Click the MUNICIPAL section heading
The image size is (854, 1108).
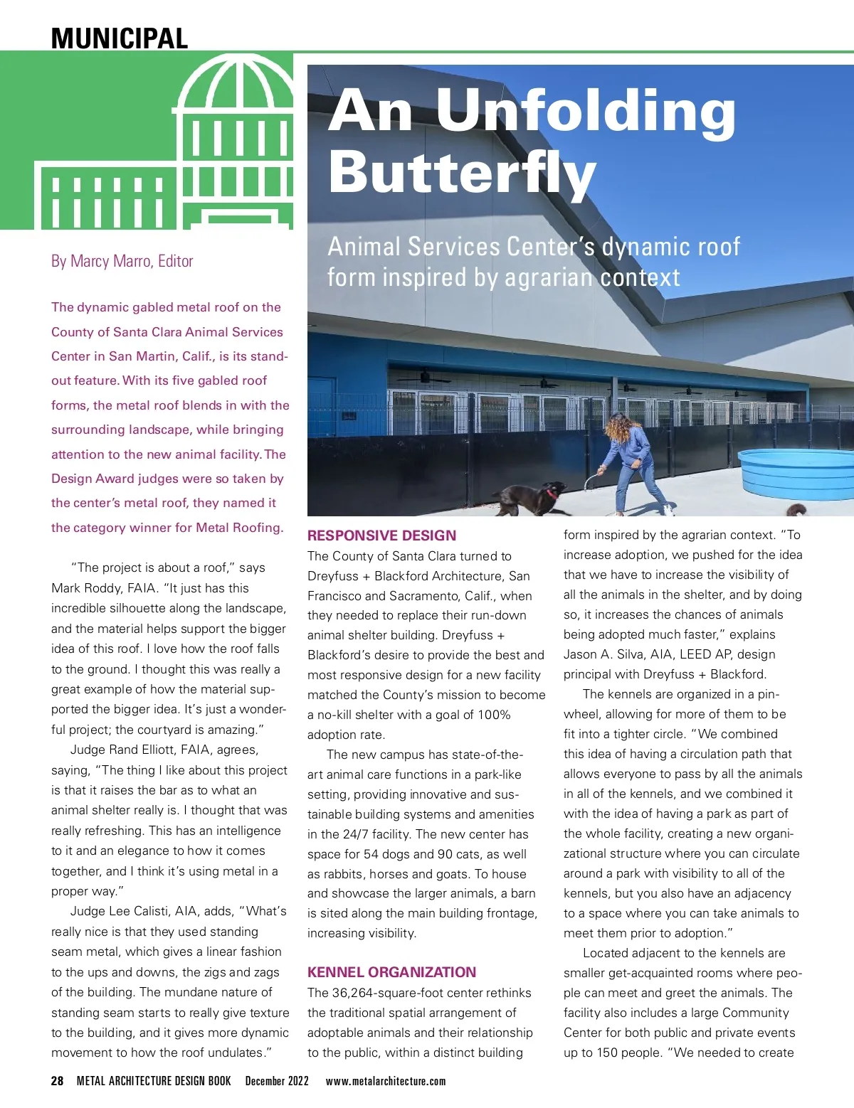point(119,38)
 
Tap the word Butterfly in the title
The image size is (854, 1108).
point(461,173)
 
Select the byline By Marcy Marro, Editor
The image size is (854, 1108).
point(122,261)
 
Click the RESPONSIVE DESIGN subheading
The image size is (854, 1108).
point(381,536)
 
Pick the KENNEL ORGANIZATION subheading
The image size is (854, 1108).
point(391,972)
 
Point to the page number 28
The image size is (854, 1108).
point(58,1081)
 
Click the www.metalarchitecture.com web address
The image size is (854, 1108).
point(385,1081)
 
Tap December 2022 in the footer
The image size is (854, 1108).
point(277,1081)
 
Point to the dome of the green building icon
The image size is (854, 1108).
point(235,85)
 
